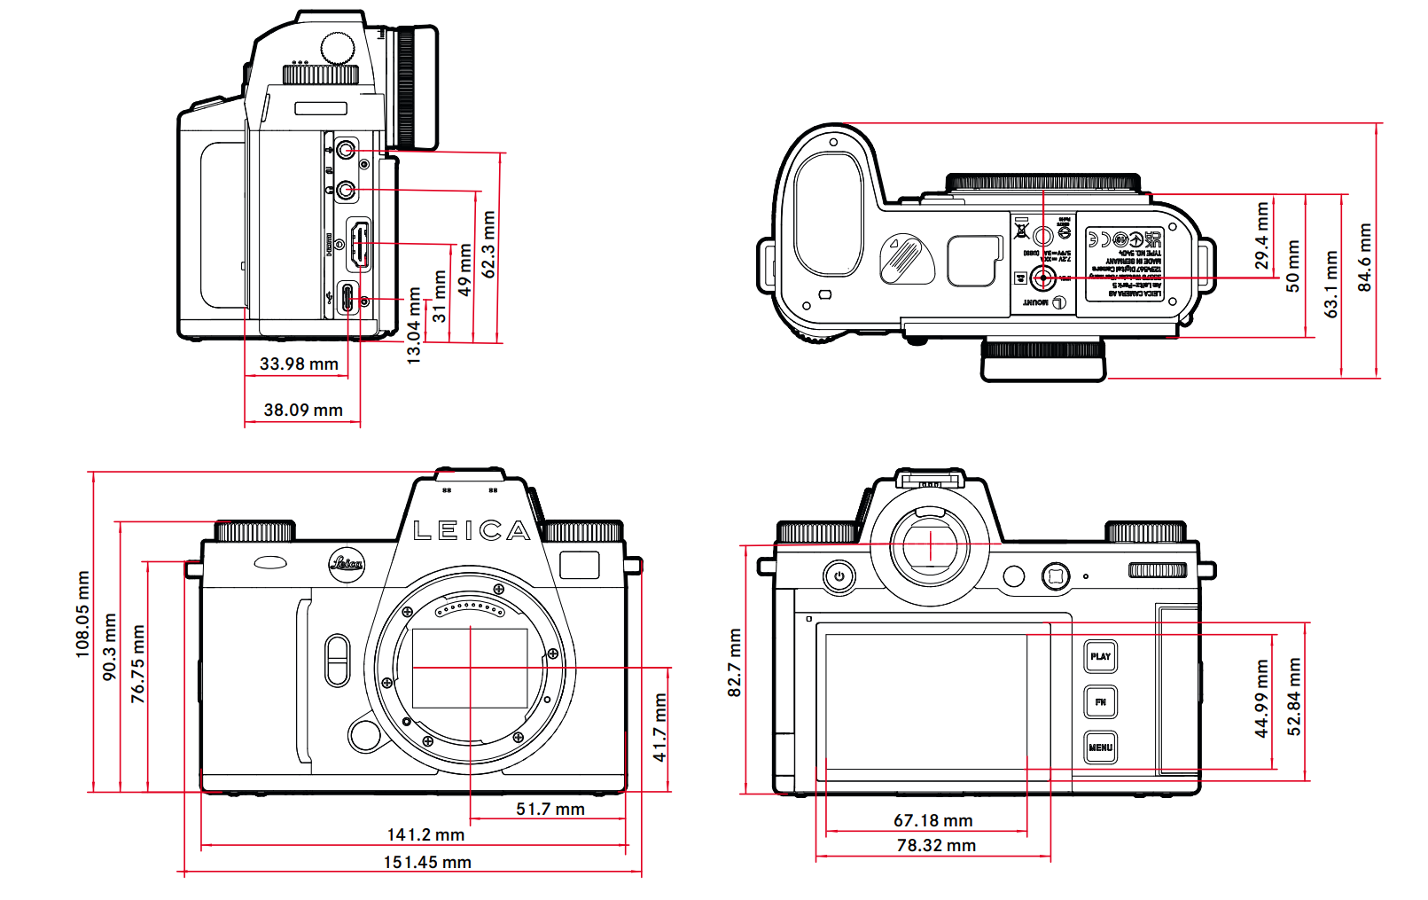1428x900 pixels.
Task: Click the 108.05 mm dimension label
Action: (x=82, y=614)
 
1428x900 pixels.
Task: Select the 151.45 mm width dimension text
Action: (x=427, y=862)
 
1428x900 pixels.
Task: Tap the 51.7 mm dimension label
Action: (x=550, y=809)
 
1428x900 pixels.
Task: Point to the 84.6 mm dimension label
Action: (x=1364, y=257)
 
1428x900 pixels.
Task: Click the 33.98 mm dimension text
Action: (x=299, y=364)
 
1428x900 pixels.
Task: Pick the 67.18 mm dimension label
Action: (x=932, y=820)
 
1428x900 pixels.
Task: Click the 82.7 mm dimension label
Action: (x=734, y=662)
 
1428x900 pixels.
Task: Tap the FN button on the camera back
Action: (x=1100, y=702)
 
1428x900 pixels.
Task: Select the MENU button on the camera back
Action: (x=1100, y=747)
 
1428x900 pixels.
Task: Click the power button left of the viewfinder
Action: (x=839, y=576)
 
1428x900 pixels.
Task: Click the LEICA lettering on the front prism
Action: (x=472, y=531)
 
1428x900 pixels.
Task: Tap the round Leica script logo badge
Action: (x=347, y=564)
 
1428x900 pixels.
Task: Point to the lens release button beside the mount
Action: (x=364, y=734)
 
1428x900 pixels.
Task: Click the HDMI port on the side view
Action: (x=358, y=246)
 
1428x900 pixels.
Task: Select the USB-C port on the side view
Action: (x=347, y=298)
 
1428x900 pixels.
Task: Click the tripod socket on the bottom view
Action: (x=1042, y=278)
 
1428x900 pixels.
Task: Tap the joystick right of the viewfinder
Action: (x=1055, y=576)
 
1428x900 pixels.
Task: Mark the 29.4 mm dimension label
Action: (x=1261, y=236)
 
